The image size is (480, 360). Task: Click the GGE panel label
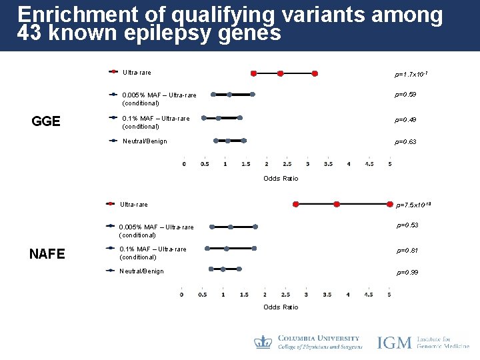(47, 121)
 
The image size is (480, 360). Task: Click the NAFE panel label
(47, 253)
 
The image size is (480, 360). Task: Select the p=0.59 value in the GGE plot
(405, 95)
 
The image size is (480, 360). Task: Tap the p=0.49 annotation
(405, 120)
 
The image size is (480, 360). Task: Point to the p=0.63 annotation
(405, 141)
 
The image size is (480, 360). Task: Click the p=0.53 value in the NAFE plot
(407, 225)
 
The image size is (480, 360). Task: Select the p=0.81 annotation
(407, 251)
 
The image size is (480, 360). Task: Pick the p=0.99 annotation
(407, 273)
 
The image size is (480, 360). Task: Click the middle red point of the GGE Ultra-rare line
(281, 73)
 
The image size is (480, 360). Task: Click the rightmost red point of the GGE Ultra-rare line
(315, 73)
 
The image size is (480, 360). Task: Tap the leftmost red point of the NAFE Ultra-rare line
(296, 204)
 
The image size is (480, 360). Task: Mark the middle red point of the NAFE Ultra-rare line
(337, 204)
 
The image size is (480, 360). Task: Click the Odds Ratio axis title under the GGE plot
(281, 178)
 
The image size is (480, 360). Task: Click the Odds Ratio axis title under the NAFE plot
(281, 307)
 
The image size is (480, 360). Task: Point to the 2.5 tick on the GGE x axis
(287, 164)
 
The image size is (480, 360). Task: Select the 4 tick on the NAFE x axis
(348, 294)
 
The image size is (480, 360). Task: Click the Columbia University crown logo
(263, 343)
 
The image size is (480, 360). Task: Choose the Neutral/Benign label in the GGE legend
(145, 141)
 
